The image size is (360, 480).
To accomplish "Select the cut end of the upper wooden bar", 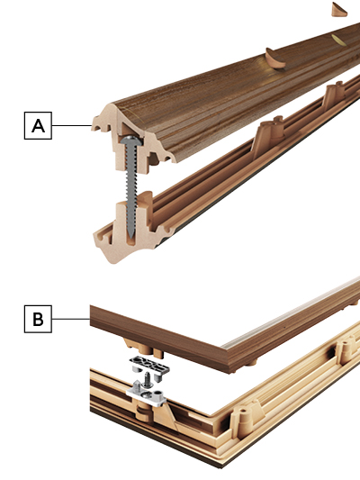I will click(x=126, y=135).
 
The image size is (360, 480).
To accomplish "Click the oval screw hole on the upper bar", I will click(x=337, y=39).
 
